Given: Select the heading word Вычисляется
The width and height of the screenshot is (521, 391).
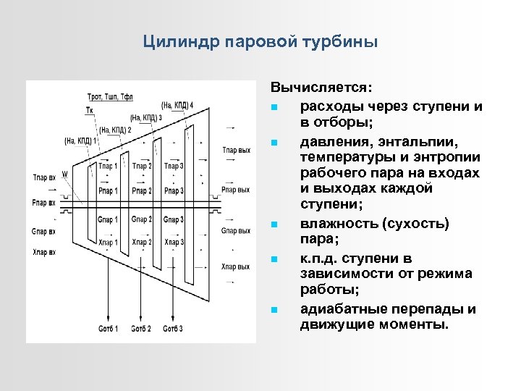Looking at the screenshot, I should click(321, 88).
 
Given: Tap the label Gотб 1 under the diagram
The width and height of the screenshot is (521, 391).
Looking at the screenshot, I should click(108, 329).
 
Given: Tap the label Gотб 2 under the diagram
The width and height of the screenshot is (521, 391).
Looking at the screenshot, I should click(140, 329).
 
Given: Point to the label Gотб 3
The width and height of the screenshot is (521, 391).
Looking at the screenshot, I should click(172, 329).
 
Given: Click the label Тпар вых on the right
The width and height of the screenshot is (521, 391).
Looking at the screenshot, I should click(236, 150).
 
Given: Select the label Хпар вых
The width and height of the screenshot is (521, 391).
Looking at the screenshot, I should click(236, 267).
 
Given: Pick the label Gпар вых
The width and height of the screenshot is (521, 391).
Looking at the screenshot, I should click(236, 231).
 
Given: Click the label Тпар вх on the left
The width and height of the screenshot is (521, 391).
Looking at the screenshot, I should click(43, 177).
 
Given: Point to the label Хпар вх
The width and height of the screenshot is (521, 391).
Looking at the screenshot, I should click(43, 253).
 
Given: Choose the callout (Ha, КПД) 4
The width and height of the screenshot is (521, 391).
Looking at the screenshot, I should click(177, 106).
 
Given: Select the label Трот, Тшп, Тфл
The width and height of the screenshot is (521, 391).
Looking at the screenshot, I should click(110, 96).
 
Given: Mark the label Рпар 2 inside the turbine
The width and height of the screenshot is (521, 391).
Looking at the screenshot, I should click(142, 191).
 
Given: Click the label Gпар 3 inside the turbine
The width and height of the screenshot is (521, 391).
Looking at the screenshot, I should click(174, 219).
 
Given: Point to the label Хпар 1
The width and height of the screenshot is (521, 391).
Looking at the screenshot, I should click(109, 242).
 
